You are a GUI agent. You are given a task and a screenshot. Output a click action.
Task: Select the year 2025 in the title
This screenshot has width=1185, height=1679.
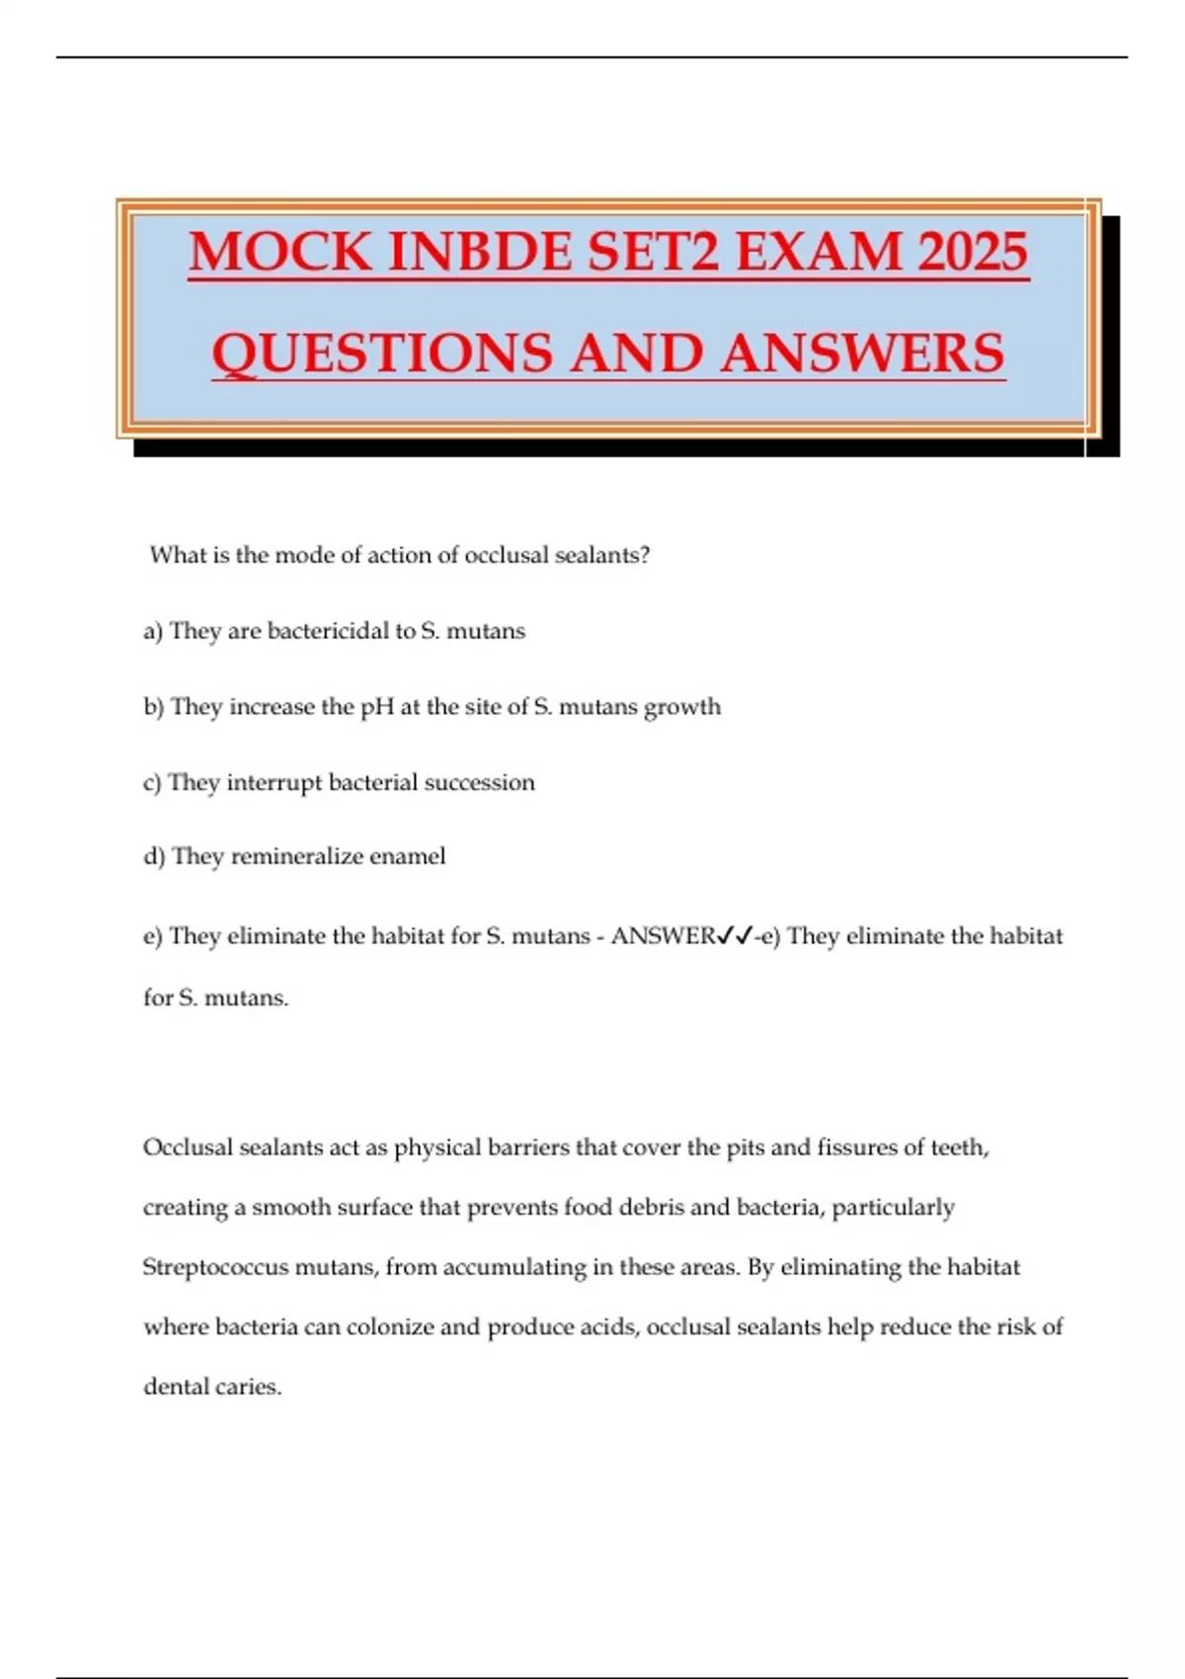973,252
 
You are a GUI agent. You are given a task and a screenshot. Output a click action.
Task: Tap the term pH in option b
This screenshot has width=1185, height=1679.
377,707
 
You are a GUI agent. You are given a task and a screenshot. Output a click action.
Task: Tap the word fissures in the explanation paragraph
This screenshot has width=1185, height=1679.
856,1148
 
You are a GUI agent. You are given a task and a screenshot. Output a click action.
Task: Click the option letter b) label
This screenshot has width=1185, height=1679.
153,707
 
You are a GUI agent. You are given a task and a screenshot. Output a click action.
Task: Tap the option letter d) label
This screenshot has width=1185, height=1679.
153,856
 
